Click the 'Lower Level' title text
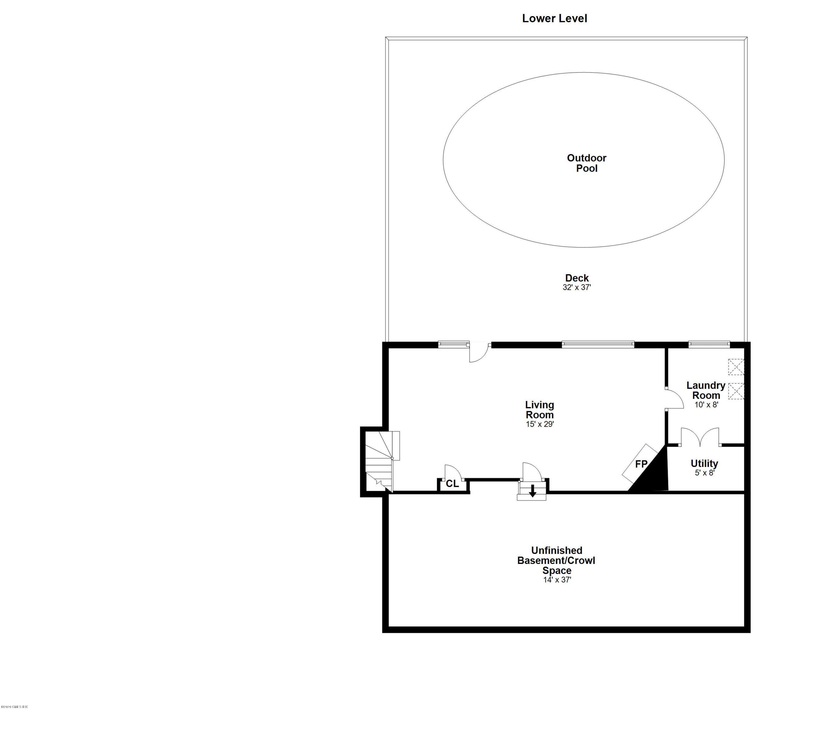pyautogui.click(x=554, y=19)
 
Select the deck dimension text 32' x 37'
pyautogui.click(x=577, y=287)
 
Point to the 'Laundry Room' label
pyautogui.click(x=706, y=390)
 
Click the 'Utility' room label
pyautogui.click(x=704, y=464)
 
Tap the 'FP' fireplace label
pyautogui.click(x=641, y=464)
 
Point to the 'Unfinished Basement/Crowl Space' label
pyautogui.click(x=556, y=560)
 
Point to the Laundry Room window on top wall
pyautogui.click(x=709, y=344)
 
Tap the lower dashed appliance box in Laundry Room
pyautogui.click(x=736, y=391)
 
